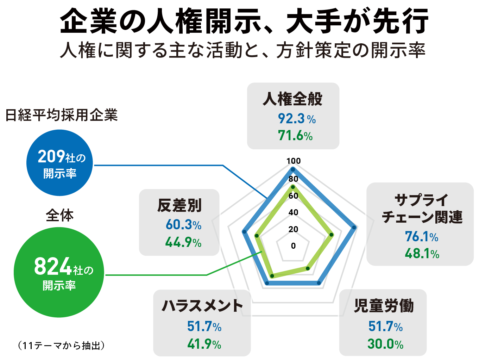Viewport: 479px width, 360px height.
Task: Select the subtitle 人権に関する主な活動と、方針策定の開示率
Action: pos(242,50)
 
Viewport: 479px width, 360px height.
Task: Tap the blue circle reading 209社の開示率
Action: pos(60,163)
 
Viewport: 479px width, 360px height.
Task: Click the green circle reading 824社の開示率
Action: pos(59,272)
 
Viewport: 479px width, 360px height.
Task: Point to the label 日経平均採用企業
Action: pos(62,115)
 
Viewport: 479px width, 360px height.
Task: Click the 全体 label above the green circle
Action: pos(59,215)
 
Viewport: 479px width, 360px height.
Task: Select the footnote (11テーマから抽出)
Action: pos(61,346)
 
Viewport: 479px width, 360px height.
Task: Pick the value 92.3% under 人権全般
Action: pos(296,119)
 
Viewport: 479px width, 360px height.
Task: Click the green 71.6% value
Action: pos(295,136)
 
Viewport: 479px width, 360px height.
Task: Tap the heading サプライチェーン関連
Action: pos(422,209)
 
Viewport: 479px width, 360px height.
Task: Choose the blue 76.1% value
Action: pos(421,237)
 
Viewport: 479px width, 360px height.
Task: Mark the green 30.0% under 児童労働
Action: pos(385,344)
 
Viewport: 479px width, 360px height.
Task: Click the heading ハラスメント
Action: pos(202,306)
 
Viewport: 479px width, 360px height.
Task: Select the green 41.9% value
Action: pos(204,344)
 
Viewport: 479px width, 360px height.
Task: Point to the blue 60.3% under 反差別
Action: pos(183,225)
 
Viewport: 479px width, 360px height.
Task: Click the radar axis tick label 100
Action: pos(293,161)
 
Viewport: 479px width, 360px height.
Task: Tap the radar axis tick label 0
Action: pos(293,246)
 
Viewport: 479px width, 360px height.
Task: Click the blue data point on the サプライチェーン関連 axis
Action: pos(354,228)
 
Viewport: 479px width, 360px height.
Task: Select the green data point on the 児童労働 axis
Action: pos(308,268)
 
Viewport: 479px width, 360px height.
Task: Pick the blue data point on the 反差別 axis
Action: pos(244,231)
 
